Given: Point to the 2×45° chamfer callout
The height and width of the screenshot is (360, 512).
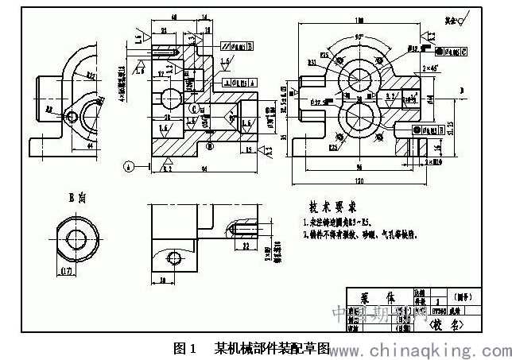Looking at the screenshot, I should pos(434,70).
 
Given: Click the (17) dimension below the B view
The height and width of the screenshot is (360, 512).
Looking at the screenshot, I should pos(68,273).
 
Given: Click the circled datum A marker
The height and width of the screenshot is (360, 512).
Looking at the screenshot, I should pos(128,166).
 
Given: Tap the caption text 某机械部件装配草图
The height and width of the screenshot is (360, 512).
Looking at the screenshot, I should pos(271,348).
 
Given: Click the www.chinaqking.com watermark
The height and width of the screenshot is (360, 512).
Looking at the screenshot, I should pos(421,349).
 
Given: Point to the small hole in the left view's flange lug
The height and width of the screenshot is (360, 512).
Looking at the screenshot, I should pos(72,116).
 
